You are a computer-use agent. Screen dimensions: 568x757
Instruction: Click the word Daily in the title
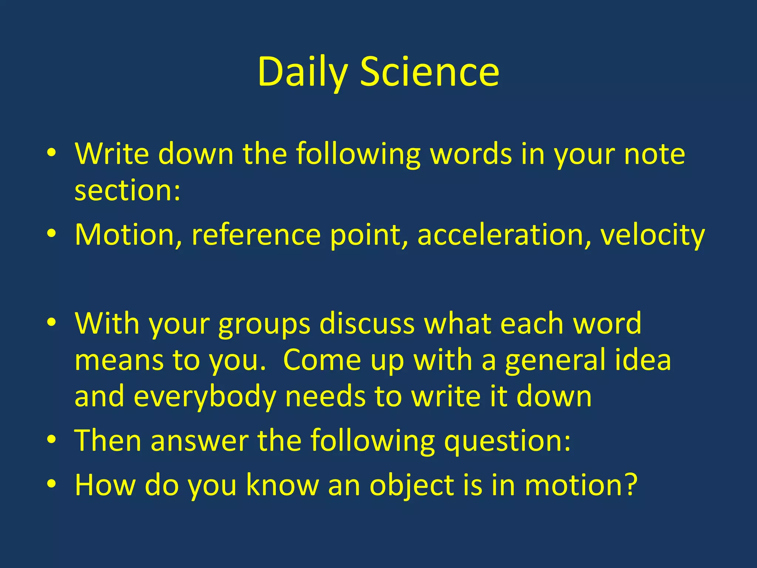(x=303, y=72)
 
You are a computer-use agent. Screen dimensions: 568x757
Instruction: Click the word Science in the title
(x=430, y=72)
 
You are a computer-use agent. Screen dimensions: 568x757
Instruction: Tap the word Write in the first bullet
(x=112, y=154)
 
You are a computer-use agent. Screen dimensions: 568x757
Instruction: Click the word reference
(x=256, y=235)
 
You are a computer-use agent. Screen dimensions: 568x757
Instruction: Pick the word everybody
(x=205, y=397)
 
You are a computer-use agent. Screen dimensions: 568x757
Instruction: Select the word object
(x=412, y=486)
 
